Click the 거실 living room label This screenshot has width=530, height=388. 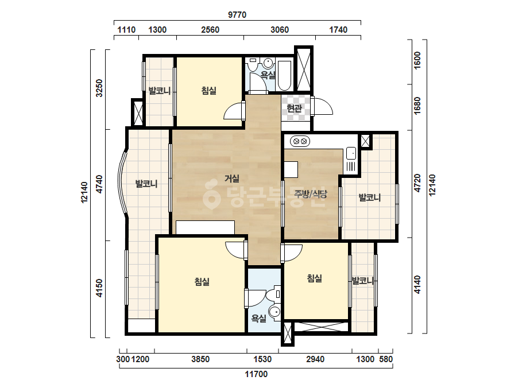click(232, 179)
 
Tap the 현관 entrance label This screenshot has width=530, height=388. click(294, 108)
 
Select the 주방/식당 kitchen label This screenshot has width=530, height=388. click(311, 194)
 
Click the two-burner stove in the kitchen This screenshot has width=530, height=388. click(300, 141)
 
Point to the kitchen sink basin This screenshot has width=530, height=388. click(351, 153)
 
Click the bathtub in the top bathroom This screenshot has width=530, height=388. click(284, 76)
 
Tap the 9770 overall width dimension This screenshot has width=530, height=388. click(237, 15)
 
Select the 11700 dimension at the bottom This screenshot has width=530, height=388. click(256, 374)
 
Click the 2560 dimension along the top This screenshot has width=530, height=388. click(210, 30)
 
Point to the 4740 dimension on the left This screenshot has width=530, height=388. click(99, 184)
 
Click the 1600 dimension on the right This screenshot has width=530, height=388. click(417, 60)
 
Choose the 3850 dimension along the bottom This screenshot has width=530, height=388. click(200, 359)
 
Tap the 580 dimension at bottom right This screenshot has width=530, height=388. click(386, 359)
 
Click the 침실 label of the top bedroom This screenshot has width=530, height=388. click(209, 91)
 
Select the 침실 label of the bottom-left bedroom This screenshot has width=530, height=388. click(202, 282)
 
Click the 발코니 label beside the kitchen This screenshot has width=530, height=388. click(369, 197)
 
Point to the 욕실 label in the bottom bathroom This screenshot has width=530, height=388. click(259, 318)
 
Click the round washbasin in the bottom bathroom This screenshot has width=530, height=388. click(274, 311)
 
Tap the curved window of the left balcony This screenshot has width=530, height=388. click(122, 183)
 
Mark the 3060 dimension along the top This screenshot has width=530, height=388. click(280, 30)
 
